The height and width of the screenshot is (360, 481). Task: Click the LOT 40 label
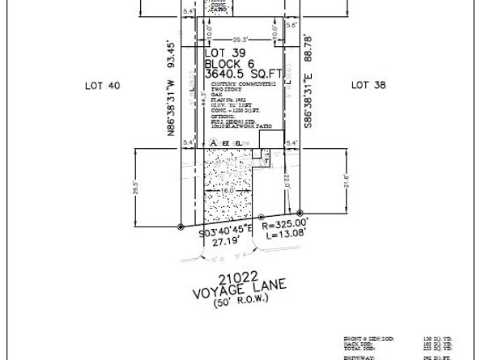coord(103,84)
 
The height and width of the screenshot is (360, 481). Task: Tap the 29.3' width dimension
coord(239,38)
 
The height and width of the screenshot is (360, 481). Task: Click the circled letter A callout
coord(214,142)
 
